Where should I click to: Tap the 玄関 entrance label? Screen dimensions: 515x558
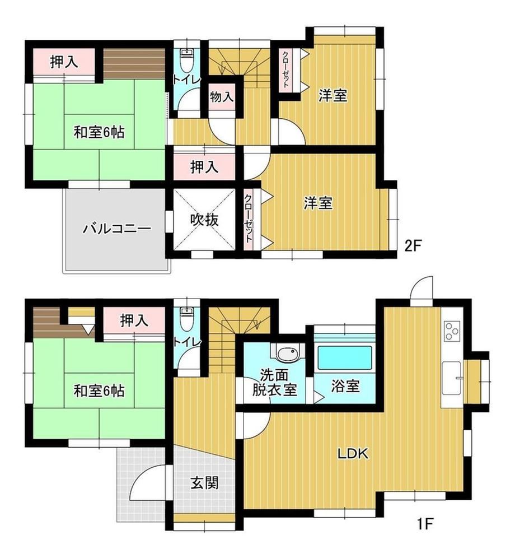[204, 483]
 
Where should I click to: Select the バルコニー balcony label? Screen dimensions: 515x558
[116, 229]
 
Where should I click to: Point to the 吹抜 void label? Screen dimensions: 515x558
[204, 220]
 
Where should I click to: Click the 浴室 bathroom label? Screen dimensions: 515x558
[345, 386]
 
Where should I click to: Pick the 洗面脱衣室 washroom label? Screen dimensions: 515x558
[274, 383]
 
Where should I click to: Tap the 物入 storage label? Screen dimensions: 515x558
[221, 96]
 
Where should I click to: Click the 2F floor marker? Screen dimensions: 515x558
[413, 245]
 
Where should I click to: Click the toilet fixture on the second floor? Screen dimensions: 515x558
[186, 61]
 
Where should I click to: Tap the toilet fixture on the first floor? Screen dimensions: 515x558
[186, 319]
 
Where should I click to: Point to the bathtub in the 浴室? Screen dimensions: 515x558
[345, 358]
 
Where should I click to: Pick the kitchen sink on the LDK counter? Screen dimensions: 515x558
[451, 378]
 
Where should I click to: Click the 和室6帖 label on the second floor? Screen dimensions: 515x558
[99, 132]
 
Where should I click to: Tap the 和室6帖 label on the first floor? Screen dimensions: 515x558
[99, 391]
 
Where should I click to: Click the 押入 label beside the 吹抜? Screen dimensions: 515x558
[204, 167]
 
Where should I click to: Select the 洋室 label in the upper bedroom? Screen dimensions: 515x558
[333, 95]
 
